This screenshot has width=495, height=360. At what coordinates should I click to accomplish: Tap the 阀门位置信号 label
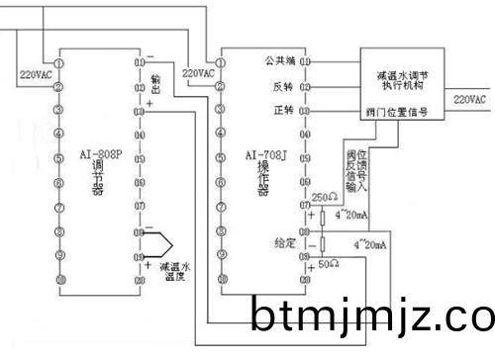pyautogui.click(x=396, y=114)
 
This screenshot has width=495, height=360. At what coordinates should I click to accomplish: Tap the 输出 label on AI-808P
pyautogui.click(x=155, y=78)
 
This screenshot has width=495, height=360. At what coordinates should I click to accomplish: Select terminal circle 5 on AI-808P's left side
pyautogui.click(x=58, y=157)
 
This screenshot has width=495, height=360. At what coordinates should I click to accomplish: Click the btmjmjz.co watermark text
pyautogui.click(x=371, y=318)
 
